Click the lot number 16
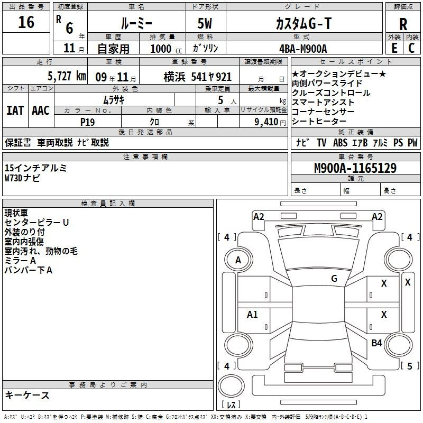click(x=26, y=23)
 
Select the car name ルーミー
click(x=136, y=24)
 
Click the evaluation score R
click(x=403, y=24)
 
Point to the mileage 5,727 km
click(x=67, y=76)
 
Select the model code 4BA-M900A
click(x=303, y=49)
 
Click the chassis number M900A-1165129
click(x=355, y=169)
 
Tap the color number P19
click(x=88, y=121)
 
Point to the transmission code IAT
click(x=15, y=111)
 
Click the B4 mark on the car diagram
click(x=376, y=343)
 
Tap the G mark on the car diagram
click(x=334, y=279)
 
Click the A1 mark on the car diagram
click(x=253, y=315)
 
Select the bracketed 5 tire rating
click(x=409, y=366)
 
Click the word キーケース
click(x=27, y=396)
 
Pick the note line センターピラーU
click(x=36, y=223)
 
